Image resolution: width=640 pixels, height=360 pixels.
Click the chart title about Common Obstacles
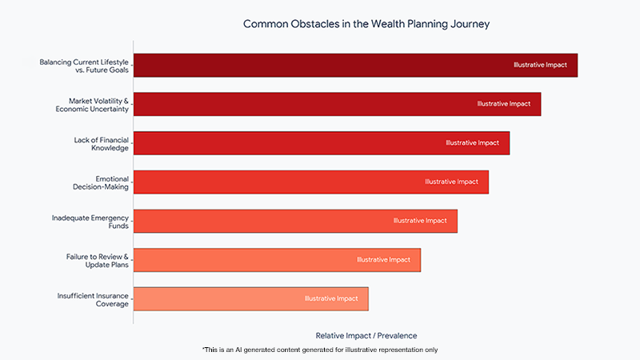tap(366, 24)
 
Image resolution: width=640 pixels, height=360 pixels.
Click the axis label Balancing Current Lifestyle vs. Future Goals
tap(84, 66)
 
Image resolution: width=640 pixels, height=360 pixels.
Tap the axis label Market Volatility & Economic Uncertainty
tap(93, 104)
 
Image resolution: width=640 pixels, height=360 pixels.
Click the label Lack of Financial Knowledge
tap(101, 143)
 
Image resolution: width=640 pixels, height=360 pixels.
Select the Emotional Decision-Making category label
tap(101, 182)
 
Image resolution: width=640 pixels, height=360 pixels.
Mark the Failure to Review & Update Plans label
tap(97, 260)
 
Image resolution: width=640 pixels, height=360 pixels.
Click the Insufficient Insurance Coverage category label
tap(92, 298)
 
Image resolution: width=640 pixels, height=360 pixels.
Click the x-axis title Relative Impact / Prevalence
tap(366, 335)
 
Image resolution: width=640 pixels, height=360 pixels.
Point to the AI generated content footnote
tap(320, 350)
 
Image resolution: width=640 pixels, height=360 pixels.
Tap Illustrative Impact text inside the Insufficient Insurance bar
tap(330, 298)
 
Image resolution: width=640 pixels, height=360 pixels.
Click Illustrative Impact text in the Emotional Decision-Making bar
tap(451, 182)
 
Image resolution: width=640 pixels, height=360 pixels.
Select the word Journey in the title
tap(469, 24)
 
